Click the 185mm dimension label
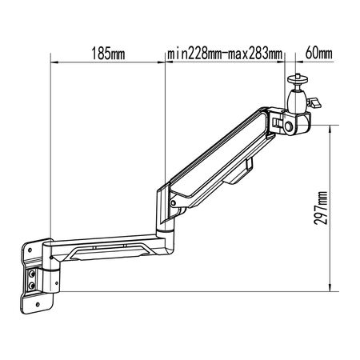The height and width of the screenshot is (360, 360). click(x=109, y=54)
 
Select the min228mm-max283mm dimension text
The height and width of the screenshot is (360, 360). click(x=225, y=54)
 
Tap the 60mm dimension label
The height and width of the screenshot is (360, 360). click(x=319, y=54)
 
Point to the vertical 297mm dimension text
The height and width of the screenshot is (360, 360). click(x=321, y=210)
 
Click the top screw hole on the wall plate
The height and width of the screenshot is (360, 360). click(x=29, y=250)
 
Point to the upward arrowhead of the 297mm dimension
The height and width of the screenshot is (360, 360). click(x=330, y=126)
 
